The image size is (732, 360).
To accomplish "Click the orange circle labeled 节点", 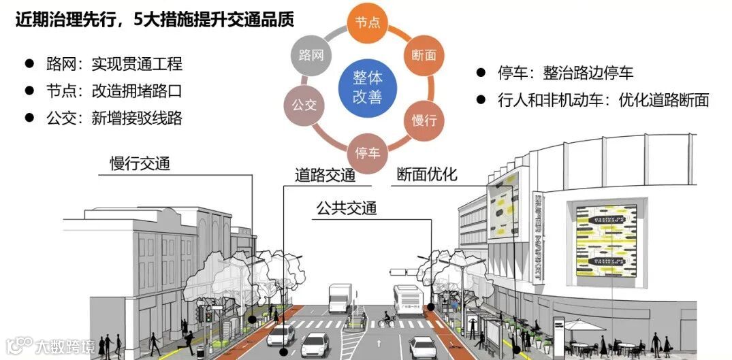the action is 367,22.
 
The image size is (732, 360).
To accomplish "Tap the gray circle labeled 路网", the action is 311,55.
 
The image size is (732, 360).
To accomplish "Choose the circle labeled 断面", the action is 424,55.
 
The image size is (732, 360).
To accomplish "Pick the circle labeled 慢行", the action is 424,120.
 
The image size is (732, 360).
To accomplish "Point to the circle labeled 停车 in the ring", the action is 367,152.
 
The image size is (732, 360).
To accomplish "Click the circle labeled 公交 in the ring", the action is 304,105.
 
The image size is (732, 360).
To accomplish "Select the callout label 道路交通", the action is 325,175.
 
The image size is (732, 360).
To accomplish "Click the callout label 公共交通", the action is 346,208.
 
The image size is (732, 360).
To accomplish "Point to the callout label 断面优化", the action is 427,175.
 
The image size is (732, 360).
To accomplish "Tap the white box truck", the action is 340,297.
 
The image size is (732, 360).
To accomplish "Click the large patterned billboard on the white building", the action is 607,240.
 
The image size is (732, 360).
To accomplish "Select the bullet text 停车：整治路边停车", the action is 556,73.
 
